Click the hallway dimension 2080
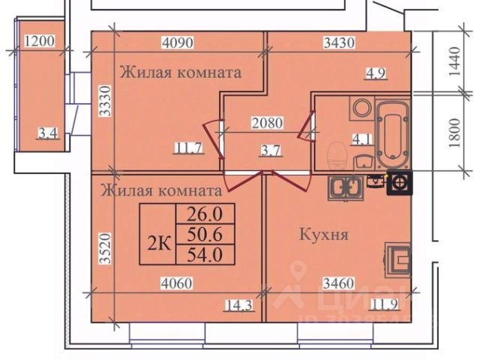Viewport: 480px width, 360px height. [268, 121]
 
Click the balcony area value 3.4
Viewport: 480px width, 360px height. [49, 135]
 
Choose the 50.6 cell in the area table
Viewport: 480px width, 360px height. [205, 234]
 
